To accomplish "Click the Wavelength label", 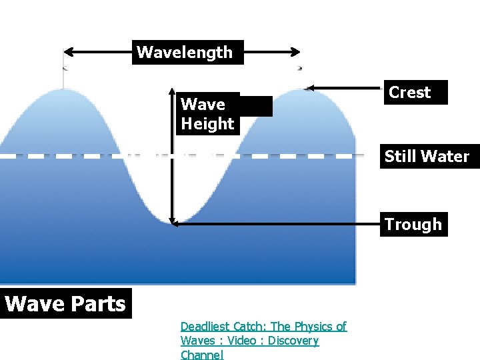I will click(185, 52).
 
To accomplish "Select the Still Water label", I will click(427, 157).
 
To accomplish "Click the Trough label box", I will click(413, 225).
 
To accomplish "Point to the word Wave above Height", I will click(203, 104).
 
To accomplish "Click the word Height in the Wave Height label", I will click(207, 123).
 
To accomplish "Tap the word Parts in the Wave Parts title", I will click(99, 304).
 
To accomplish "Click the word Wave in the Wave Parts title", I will click(29, 304).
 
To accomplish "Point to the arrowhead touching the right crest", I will click(309, 87).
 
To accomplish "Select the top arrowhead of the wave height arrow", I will click(172, 91).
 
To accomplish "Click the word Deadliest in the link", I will click(205, 327).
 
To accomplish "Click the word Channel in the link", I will click(201, 355).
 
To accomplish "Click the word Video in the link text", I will click(242, 341).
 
